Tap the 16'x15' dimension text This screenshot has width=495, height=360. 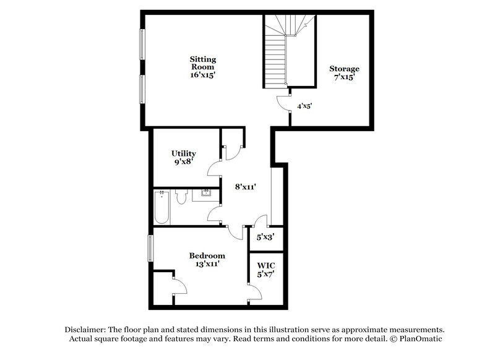tap(202, 75)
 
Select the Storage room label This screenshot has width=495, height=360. tap(344, 69)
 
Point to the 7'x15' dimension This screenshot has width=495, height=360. tap(344, 79)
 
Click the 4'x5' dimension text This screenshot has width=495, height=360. tap(304, 106)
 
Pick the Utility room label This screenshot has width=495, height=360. tap(184, 153)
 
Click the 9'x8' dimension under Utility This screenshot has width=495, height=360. tap(184, 163)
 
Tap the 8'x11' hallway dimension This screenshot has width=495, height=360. tap(246, 186)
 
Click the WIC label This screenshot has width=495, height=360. tap(265, 265)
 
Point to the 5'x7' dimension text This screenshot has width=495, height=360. tap(265, 275)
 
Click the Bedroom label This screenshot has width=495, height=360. tap(207, 255)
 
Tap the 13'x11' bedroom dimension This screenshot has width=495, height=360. tap(207, 265)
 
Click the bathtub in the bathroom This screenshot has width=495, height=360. tap(161, 207)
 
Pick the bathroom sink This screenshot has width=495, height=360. tap(207, 195)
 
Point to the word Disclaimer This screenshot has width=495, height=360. tap(83, 329)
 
